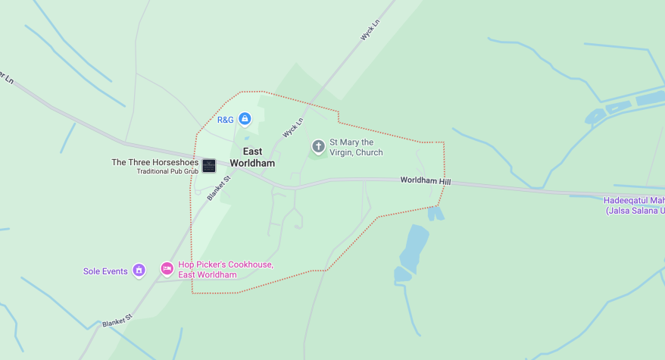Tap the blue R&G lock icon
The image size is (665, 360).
coord(245,119)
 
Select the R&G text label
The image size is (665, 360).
coord(226,120)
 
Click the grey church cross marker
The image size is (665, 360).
coord(319,146)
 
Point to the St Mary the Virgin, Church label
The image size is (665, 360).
coord(356,147)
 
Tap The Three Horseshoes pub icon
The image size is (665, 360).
coord(209,165)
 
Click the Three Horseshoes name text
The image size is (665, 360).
coord(155,162)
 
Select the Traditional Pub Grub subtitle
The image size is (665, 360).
coord(167,171)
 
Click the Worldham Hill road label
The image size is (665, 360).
coord(425,181)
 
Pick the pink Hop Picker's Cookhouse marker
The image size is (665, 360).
coord(167,269)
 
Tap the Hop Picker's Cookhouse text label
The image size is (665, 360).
coord(226,270)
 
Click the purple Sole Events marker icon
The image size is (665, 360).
coord(139,271)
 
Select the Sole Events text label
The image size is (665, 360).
coord(105,271)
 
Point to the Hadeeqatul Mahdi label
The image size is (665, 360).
coord(634,200)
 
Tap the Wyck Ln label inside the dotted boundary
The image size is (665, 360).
coord(293,127)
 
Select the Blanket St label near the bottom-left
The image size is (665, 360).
coord(117,321)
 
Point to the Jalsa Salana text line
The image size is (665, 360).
coord(635,210)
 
